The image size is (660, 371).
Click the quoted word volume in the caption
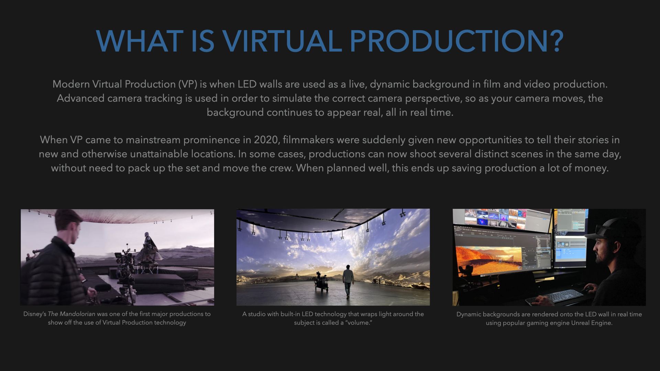(x=359, y=323)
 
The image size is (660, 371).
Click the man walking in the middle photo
(x=348, y=281)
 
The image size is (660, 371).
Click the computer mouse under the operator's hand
(x=588, y=289)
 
